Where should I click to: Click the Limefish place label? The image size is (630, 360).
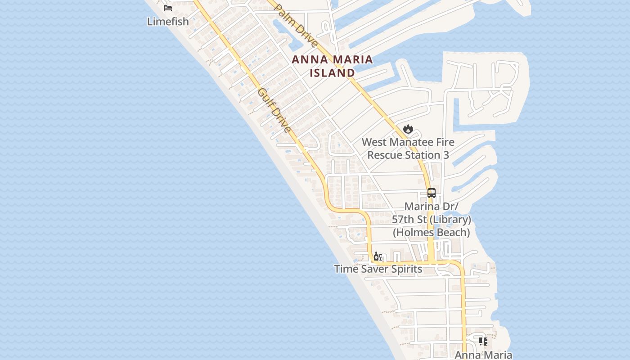pyautogui.click(x=168, y=21)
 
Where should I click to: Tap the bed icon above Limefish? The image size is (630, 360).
pyautogui.click(x=168, y=8)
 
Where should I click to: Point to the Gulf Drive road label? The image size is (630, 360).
pyautogui.click(x=274, y=111)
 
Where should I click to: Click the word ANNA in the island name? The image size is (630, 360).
pyautogui.click(x=310, y=59)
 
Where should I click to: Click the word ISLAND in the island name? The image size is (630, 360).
pyautogui.click(x=333, y=72)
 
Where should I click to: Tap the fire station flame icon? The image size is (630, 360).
pyautogui.click(x=408, y=129)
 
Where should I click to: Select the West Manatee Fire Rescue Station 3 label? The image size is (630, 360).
pyautogui.click(x=408, y=148)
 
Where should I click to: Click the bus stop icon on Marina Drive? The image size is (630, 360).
pyautogui.click(x=432, y=193)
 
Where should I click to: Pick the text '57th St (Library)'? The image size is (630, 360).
pyautogui.click(x=432, y=219)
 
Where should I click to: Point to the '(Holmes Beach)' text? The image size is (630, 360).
pyautogui.click(x=432, y=232)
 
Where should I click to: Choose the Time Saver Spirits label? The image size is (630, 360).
pyautogui.click(x=378, y=269)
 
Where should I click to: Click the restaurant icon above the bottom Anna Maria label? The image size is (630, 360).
pyautogui.click(x=483, y=342)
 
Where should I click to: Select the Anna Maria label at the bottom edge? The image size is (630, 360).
pyautogui.click(x=483, y=355)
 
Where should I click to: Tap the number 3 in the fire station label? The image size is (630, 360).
pyautogui.click(x=446, y=155)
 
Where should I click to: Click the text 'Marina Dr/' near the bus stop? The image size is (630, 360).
pyautogui.click(x=432, y=207)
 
